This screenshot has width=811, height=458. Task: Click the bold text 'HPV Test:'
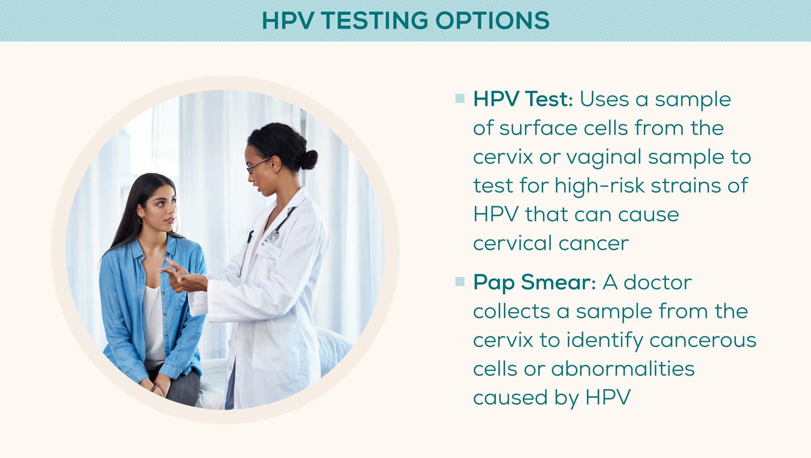tap(522, 99)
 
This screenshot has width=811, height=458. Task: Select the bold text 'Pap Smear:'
tap(534, 282)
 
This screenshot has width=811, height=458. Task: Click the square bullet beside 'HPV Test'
tap(460, 98)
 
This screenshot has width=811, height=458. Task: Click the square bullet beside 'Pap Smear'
tap(460, 281)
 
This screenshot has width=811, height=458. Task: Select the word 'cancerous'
tap(702, 340)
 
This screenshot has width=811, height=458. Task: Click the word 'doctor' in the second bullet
tap(658, 283)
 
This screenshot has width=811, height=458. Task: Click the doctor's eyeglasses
tap(257, 166)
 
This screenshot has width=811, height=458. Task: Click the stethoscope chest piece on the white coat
tap(273, 236)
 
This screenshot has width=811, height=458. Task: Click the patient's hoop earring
tap(141, 221)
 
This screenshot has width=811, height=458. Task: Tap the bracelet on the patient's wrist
tap(153, 387)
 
